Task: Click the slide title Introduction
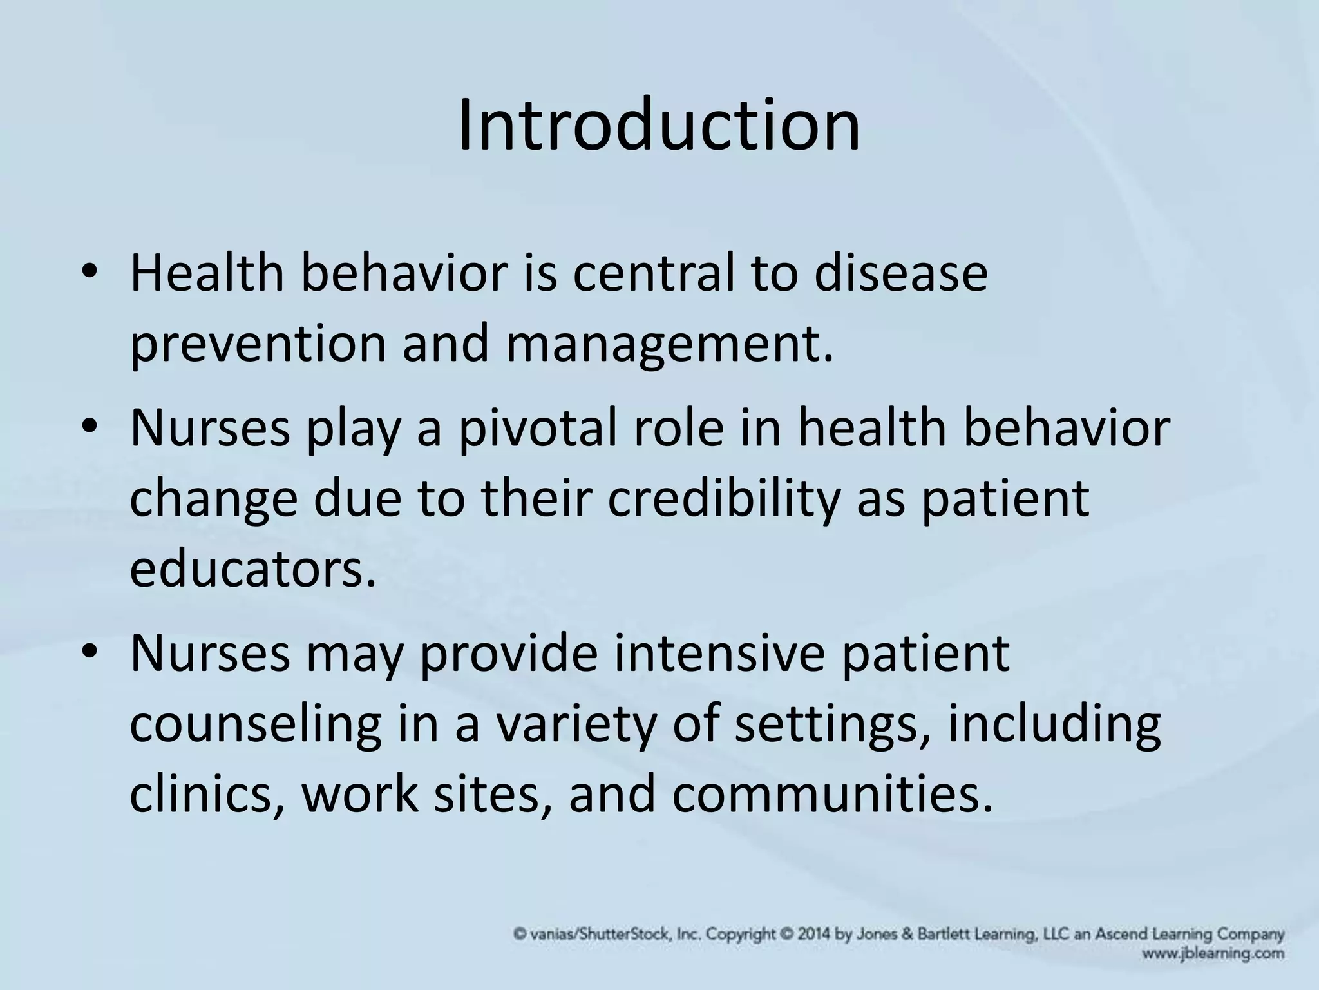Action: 658,125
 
